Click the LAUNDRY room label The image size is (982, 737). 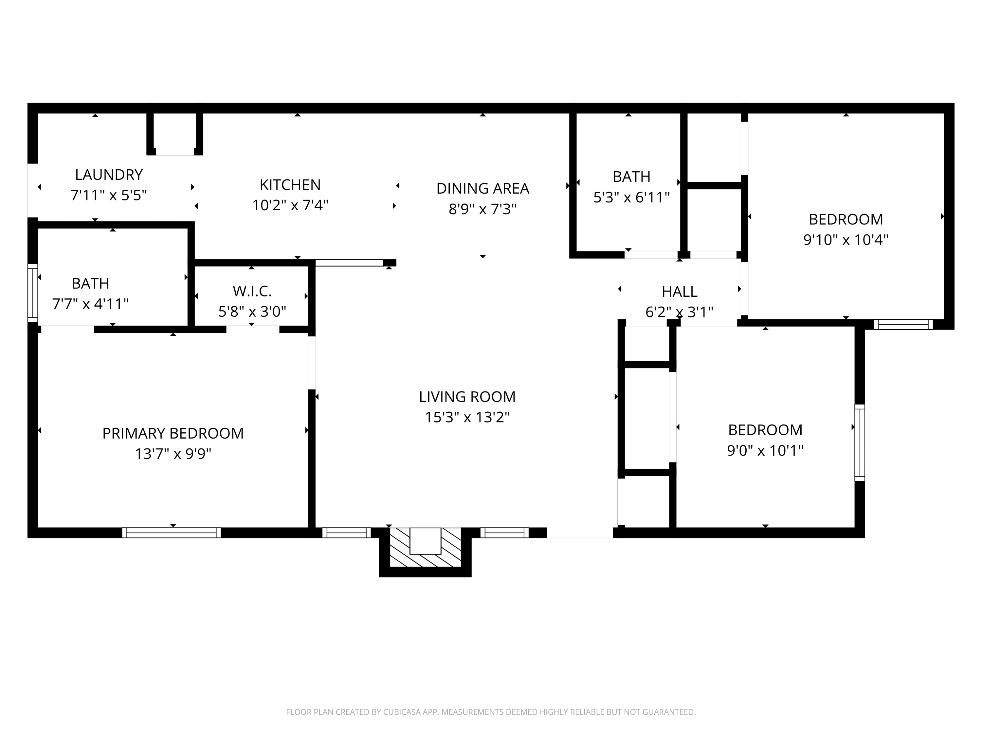tap(109, 175)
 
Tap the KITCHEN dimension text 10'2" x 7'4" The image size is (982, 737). tap(290, 205)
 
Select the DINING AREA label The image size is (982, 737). tap(482, 188)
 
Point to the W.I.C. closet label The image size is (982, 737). tap(252, 291)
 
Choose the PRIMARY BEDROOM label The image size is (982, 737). tap(173, 433)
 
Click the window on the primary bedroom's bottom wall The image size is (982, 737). tap(172, 533)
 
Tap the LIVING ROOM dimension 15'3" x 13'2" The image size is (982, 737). tap(467, 417)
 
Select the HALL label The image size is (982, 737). tap(679, 292)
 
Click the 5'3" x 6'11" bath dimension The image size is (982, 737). tap(631, 197)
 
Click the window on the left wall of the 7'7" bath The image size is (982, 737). tap(32, 293)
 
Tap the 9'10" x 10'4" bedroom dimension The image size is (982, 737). tap(846, 240)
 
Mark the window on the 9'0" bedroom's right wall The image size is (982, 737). tap(860, 443)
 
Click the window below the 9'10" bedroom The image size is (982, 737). tap(903, 324)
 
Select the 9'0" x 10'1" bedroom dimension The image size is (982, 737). tap(765, 450)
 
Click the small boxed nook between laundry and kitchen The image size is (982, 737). tap(174, 131)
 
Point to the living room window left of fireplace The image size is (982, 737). tap(346, 533)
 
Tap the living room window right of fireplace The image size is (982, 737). tap(504, 533)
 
